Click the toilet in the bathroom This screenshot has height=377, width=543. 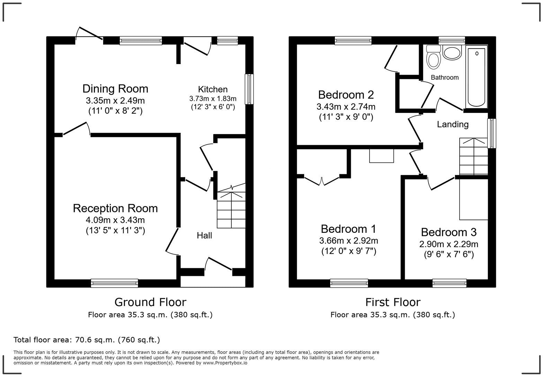tap(433, 58)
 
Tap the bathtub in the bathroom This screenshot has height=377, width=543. tap(477, 77)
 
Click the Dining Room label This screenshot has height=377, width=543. tap(115, 89)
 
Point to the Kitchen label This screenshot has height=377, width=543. tap(213, 89)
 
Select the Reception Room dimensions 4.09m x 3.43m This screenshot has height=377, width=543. tap(115, 220)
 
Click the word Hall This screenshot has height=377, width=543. tap(204, 236)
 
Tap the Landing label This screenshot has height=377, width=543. tap(452, 124)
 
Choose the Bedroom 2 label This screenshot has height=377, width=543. tap(346, 95)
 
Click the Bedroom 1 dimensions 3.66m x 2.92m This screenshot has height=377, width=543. tap(348, 240)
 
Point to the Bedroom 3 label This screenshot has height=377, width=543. tap(448, 232)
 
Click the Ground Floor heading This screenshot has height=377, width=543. tap(150, 302)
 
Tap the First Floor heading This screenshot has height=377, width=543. tap(393, 302)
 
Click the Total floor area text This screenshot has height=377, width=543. tap(87, 340)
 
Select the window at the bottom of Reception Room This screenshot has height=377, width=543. tap(115, 283)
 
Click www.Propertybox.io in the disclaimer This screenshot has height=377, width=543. tap(225, 363)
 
